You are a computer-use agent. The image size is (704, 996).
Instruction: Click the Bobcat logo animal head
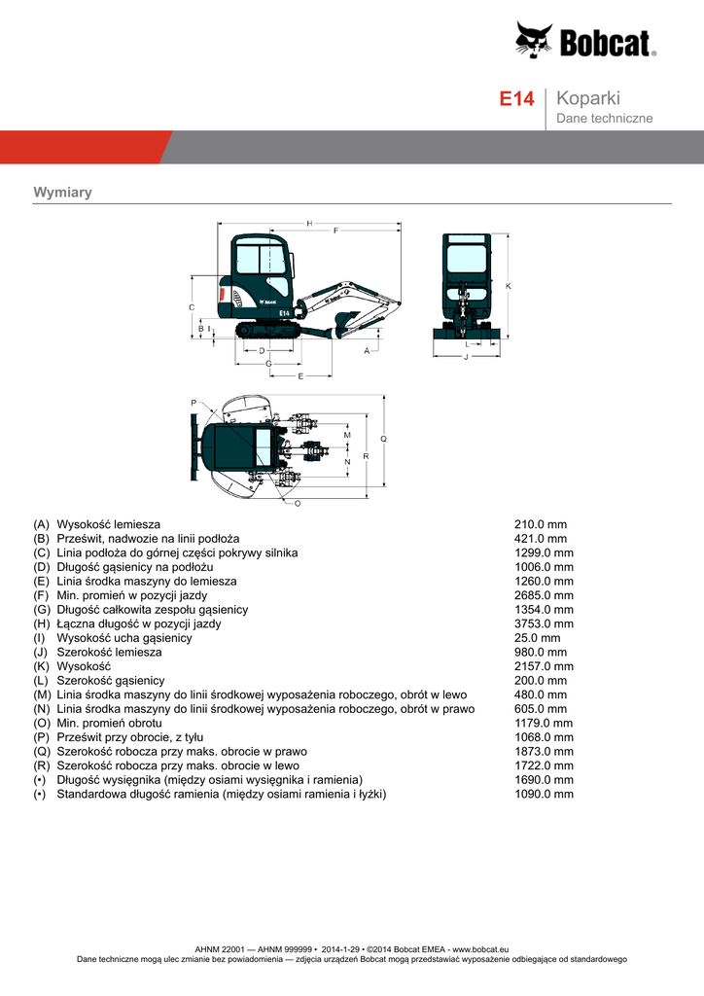pyautogui.click(x=534, y=41)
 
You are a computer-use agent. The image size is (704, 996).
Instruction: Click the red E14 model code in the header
pyautogui.click(x=516, y=99)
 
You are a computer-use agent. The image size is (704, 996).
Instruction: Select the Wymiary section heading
pyautogui.click(x=62, y=192)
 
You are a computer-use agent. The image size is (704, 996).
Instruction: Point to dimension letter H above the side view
pyautogui.click(x=309, y=224)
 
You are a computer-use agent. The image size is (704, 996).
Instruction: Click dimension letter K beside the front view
pyautogui.click(x=509, y=285)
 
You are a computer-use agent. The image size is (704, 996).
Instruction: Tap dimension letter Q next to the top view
pyautogui.click(x=384, y=440)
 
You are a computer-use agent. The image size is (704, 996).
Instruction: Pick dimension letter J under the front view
pyautogui.click(x=467, y=357)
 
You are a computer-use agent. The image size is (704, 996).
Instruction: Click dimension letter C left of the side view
pyautogui.click(x=191, y=307)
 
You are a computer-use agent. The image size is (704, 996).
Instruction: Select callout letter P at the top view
pyautogui.click(x=194, y=403)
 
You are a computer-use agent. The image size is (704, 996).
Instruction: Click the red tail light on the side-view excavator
pyautogui.click(x=223, y=293)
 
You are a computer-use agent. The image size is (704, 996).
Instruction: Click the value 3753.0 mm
pyautogui.click(x=544, y=623)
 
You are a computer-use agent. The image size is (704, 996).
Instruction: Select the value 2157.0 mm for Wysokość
pyautogui.click(x=544, y=666)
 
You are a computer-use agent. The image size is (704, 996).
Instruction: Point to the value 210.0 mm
pyautogui.click(x=540, y=524)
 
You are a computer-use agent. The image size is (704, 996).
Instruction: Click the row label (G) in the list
pyautogui.click(x=41, y=609)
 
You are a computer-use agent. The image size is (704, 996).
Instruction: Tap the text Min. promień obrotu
pyautogui.click(x=109, y=723)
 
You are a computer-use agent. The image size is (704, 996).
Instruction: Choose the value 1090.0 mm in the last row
pyautogui.click(x=544, y=794)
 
